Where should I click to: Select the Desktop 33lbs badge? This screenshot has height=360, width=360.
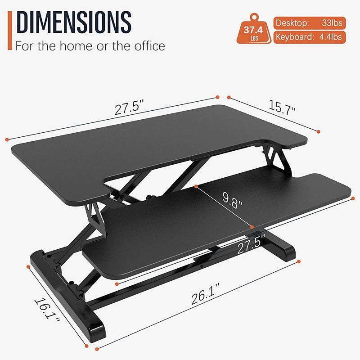pos(310,22)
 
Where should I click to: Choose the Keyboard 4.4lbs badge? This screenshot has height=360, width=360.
pos(310,37)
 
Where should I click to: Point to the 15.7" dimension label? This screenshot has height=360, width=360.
pos(282,108)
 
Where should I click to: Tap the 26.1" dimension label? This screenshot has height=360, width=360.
pos(204,297)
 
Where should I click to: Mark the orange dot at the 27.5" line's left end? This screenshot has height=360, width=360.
pos(7,139)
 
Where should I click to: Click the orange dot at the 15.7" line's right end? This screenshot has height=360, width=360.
pos(318,132)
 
